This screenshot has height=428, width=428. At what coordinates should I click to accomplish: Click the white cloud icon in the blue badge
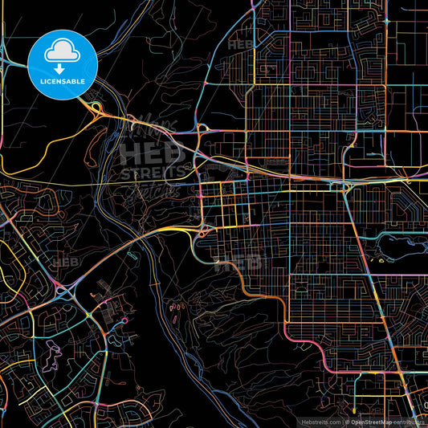coord(63,53)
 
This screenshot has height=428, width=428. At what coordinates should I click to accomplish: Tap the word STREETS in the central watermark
coord(150,173)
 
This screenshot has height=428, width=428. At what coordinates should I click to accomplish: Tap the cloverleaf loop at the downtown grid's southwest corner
coord(202,230)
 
